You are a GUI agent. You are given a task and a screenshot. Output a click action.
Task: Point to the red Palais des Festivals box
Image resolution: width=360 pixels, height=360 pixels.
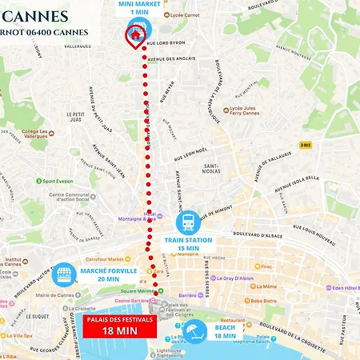[x=113, y=326]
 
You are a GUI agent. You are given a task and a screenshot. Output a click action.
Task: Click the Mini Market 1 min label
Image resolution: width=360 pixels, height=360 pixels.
[x=136, y=9]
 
